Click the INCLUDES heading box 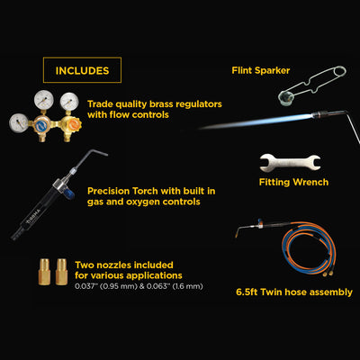[x=82, y=70]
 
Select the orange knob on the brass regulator [x=72, y=124]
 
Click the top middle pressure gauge [x=44, y=100]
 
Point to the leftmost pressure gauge [x=19, y=123]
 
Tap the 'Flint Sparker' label [x=261, y=70]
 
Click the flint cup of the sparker [x=283, y=98]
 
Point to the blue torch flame [x=258, y=121]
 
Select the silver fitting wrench [x=290, y=163]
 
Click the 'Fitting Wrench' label [x=293, y=182]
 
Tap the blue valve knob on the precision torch [x=68, y=192]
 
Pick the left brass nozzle [x=44, y=271]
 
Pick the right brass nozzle [x=61, y=271]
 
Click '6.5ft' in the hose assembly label [x=247, y=292]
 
